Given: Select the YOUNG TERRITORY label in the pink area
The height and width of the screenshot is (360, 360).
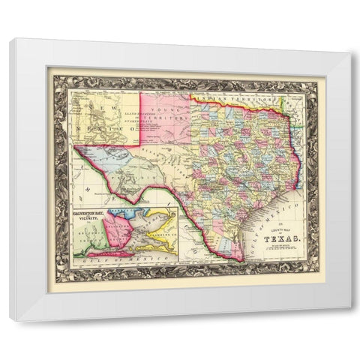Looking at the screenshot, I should pyautogui.click(x=162, y=112).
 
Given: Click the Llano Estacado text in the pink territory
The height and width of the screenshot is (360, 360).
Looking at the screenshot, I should pyautogui.click(x=154, y=121).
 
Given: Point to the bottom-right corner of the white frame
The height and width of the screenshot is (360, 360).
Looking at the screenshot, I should pyautogui.click(x=350, y=320).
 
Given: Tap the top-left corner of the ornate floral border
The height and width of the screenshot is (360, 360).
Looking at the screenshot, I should pyautogui.click(x=49, y=68).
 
